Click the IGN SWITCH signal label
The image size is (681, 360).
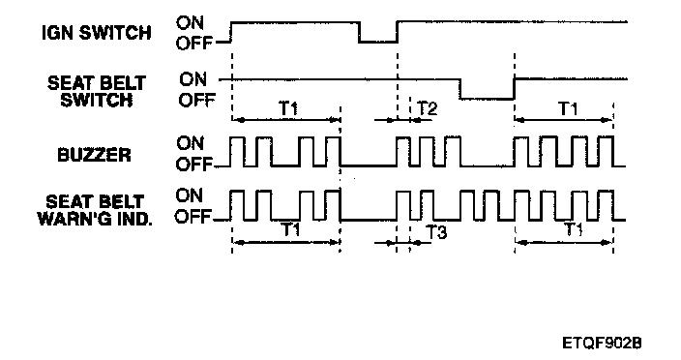tap(96, 33)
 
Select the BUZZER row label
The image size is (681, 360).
tap(94, 155)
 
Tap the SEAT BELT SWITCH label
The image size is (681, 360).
tap(96, 91)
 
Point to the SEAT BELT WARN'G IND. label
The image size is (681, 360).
tap(95, 210)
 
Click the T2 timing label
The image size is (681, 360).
tap(427, 108)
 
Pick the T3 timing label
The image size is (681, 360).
tap(436, 232)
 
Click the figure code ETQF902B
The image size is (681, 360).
tap(602, 343)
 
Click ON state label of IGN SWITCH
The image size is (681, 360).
tap(190, 22)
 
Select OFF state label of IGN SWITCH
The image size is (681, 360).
tap(194, 43)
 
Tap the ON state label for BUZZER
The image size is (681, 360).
tap(190, 143)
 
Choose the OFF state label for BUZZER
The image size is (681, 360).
tap(193, 164)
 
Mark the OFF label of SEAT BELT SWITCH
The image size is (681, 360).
tap(196, 101)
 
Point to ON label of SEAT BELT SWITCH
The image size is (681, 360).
tap(192, 79)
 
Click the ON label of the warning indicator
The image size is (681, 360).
tap(190, 195)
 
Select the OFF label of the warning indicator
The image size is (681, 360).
tap(193, 216)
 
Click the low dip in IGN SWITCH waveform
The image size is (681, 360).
tap(378, 42)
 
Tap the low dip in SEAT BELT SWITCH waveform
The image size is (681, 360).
tap(487, 99)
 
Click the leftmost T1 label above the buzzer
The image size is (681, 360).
tap(288, 107)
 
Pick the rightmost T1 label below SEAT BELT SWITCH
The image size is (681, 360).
tap(568, 107)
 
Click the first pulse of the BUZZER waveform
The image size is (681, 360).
tap(237, 137)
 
